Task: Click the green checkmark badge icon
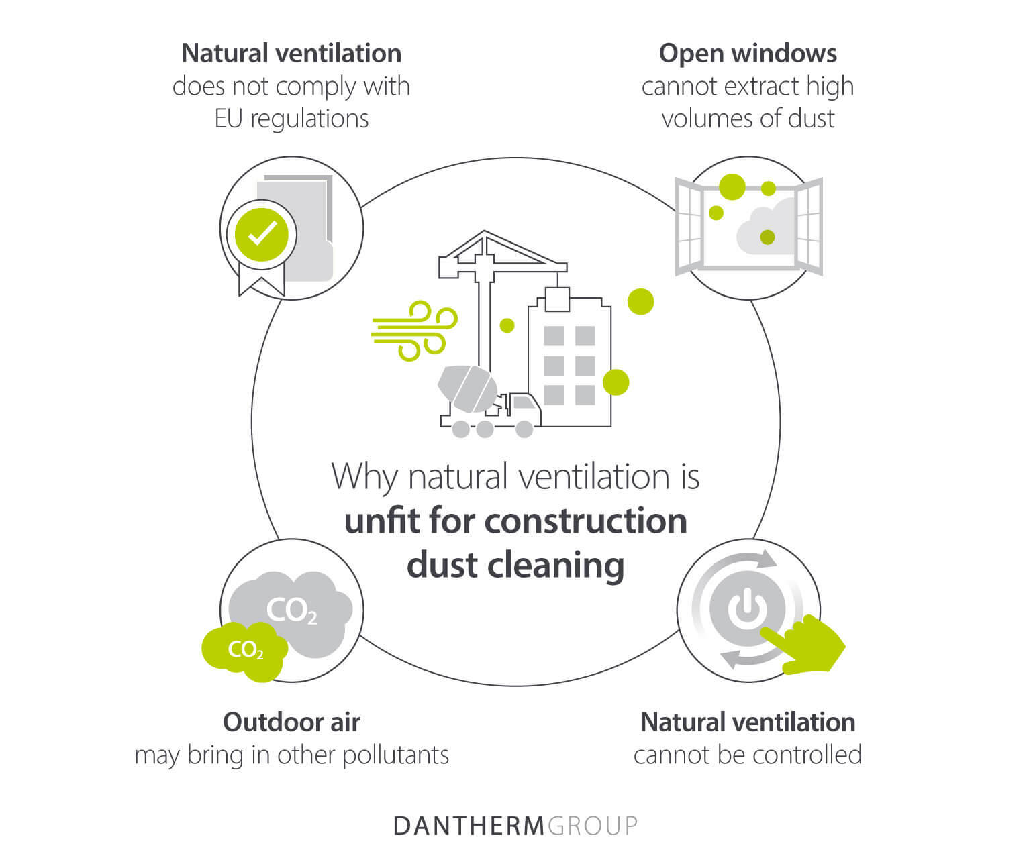[x=262, y=234]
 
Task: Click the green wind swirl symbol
[x=415, y=330]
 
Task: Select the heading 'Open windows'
[x=748, y=53]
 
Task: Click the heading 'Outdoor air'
[x=291, y=722]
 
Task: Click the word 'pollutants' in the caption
[x=396, y=755]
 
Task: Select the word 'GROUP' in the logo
[x=592, y=825]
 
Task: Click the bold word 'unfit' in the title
[x=384, y=521]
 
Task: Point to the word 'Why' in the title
[x=362, y=478]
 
